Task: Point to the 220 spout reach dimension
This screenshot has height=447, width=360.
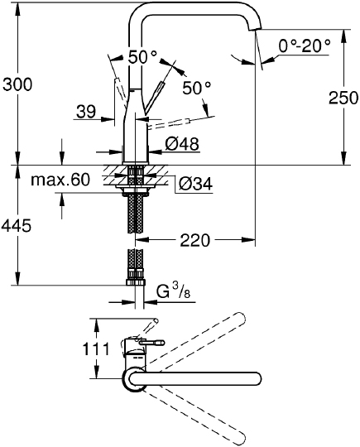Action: coord(195,240)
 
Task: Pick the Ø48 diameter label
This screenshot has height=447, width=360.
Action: coord(181,144)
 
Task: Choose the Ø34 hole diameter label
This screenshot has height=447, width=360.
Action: coord(194,183)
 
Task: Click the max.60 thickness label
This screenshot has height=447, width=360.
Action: coord(60,180)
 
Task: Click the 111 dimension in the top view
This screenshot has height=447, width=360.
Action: coord(97,349)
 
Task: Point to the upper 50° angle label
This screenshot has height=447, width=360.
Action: coord(142,57)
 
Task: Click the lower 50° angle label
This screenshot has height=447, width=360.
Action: coord(197,86)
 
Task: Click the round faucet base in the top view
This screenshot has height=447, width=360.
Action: coord(134,380)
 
